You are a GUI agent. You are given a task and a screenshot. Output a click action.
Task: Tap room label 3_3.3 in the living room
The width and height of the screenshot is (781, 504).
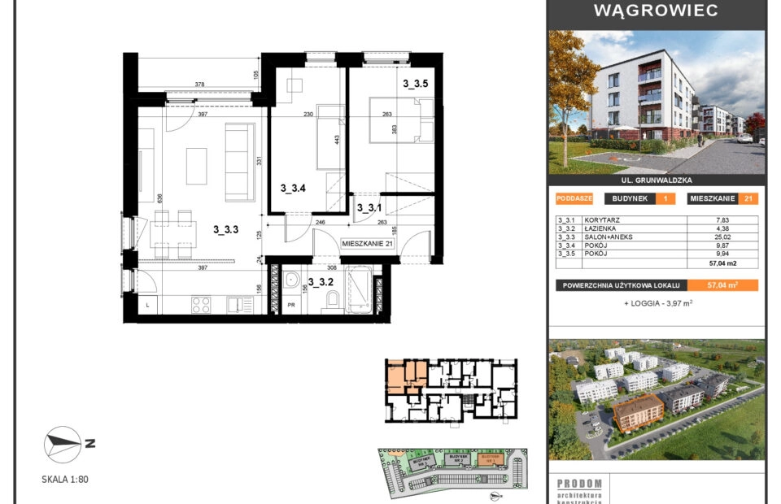click(225, 229)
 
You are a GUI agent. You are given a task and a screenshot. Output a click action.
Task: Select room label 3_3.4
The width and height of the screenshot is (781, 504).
click(293, 189)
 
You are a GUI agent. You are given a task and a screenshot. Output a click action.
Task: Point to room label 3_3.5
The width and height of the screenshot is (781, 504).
click(415, 83)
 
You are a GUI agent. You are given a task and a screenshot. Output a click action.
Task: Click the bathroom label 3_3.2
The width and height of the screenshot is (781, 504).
click(321, 283)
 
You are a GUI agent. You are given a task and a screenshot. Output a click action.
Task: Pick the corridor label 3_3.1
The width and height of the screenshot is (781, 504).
click(370, 208)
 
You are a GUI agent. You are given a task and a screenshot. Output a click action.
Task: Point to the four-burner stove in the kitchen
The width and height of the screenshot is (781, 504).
click(200, 305)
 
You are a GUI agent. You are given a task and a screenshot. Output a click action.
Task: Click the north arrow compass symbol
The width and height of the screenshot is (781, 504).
click(63, 442)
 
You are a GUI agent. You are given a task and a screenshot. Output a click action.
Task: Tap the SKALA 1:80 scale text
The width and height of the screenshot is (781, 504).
click(65, 480)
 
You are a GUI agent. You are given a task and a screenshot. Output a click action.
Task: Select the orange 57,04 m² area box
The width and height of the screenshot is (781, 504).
click(722, 285)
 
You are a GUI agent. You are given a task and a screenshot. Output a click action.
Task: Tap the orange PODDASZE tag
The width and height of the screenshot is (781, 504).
click(574, 198)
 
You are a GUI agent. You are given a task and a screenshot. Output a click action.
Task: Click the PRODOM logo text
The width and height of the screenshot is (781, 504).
click(579, 484)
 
